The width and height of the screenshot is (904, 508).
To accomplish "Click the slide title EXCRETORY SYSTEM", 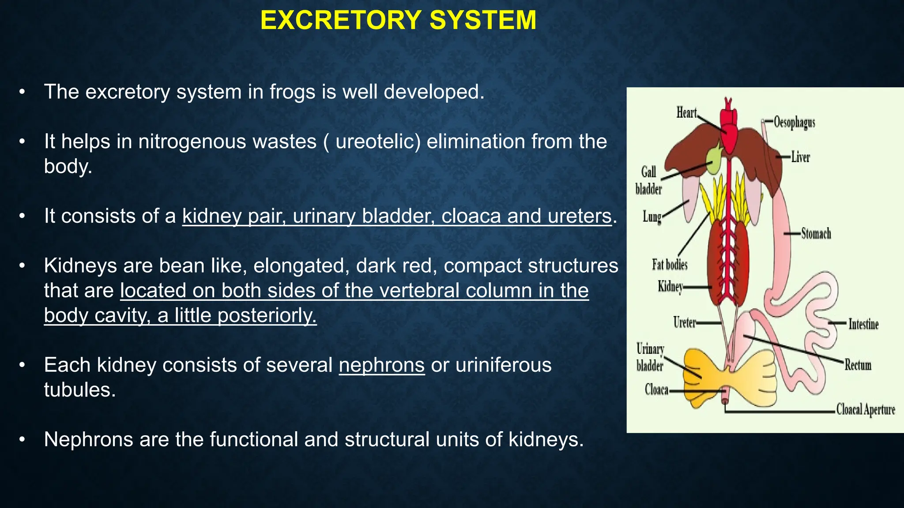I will pos(398,20).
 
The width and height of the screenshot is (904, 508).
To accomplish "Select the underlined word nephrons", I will pos(381,365).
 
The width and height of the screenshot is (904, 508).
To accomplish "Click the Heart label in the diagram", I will pos(686,113).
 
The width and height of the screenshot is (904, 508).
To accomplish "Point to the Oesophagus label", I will pos(795,122).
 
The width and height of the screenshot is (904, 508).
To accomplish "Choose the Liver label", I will pos(800,157).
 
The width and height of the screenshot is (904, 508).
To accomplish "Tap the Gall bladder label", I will pos(648,180).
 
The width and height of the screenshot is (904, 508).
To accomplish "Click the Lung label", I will pos(652,217).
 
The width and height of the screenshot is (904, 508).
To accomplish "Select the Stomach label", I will pos(816,233).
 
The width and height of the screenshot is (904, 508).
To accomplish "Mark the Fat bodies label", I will pos(670,265).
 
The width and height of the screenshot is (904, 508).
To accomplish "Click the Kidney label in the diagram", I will pos(670,287).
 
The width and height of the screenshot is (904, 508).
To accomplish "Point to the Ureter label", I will pos(684,322).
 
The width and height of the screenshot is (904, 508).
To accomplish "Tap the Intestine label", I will pos(863,324).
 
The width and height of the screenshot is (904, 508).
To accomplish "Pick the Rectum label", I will pos(858,365).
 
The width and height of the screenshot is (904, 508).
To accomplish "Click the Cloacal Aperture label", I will pos(865,410).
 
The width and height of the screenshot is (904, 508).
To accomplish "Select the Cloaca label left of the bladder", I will pos(656,390).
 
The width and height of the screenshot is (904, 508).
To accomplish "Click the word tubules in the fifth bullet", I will pos(80,390).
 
